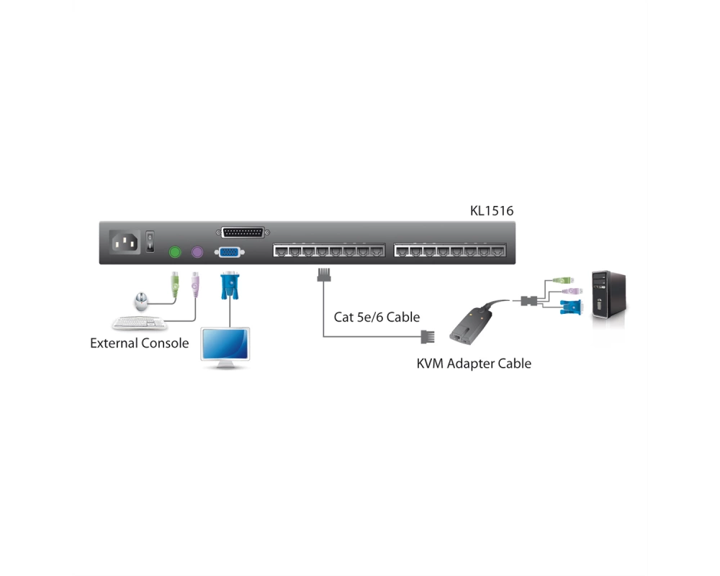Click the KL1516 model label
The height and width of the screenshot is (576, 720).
(x=491, y=211)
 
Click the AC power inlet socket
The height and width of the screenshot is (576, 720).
(x=125, y=242)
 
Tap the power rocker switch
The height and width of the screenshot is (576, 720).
(x=150, y=242)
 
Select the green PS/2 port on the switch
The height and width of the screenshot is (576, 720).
(x=175, y=252)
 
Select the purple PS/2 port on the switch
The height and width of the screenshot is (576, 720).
(x=197, y=252)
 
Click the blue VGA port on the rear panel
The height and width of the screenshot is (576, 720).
(x=230, y=252)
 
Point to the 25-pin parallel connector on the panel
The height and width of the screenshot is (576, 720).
(x=243, y=233)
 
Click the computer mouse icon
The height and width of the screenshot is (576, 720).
(x=141, y=302)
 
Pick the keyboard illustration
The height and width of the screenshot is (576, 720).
(x=140, y=323)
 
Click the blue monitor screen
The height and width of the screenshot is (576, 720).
(x=225, y=344)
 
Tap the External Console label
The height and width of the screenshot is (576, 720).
(x=139, y=343)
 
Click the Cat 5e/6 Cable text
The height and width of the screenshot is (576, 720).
(x=377, y=317)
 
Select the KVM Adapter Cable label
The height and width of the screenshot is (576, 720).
(x=474, y=364)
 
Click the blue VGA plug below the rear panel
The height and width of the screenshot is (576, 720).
(x=230, y=286)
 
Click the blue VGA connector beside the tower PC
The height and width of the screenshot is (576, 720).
(x=571, y=307)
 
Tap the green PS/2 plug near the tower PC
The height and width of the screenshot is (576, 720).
(x=562, y=280)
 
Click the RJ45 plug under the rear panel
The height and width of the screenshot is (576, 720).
(x=324, y=274)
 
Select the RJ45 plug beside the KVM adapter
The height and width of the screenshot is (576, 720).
(x=428, y=337)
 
